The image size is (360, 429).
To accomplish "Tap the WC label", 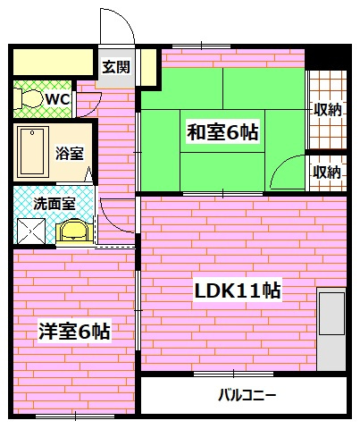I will click(x=58, y=97).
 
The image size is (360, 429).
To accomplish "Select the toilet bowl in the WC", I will click(x=29, y=97).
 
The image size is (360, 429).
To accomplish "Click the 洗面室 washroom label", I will click(x=54, y=203).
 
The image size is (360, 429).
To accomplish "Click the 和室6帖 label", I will click(x=222, y=132).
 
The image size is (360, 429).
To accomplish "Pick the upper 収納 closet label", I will click(x=327, y=110).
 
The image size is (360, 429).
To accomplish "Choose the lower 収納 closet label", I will click(x=327, y=172).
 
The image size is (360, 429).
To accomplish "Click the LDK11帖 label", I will click(x=239, y=290).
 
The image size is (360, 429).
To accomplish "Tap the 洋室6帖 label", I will click(x=74, y=332).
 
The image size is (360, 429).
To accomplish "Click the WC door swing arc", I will click(x=87, y=105).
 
